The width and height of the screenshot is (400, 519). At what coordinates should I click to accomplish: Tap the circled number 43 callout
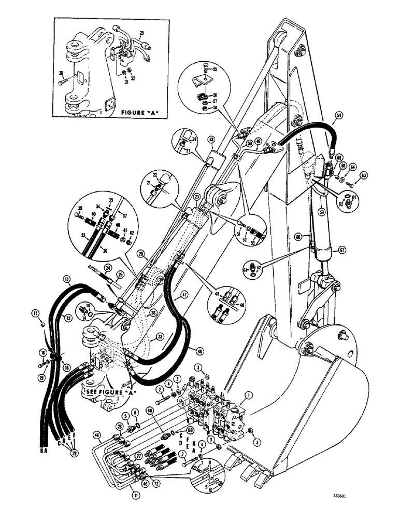pos(211,140)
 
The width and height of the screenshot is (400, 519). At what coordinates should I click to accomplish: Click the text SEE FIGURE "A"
pos(106,392)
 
